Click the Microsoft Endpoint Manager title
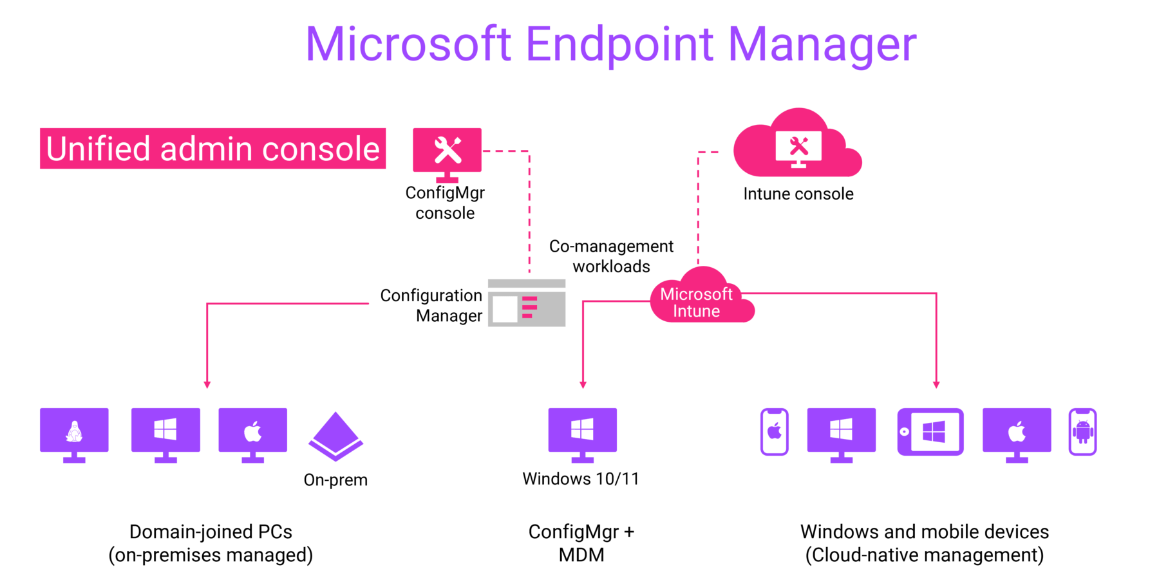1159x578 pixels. click(x=610, y=45)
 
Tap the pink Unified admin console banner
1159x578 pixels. click(x=212, y=149)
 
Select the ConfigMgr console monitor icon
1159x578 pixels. click(x=448, y=152)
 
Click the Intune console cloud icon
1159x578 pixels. click(x=798, y=147)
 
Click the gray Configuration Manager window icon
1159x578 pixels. click(x=527, y=303)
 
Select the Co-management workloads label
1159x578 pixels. click(x=611, y=256)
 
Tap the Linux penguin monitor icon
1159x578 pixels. click(x=74, y=433)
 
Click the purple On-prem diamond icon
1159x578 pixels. click(x=335, y=437)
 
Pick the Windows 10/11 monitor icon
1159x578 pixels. click(x=583, y=433)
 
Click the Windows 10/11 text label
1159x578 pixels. click(x=580, y=479)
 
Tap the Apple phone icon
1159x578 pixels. click(x=775, y=432)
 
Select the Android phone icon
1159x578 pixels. click(x=1082, y=432)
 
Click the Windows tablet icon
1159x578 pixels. click(x=930, y=432)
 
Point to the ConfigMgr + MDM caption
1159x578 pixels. click(x=581, y=543)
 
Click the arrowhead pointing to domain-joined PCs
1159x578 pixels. click(x=207, y=384)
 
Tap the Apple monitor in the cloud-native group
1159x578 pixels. click(x=1017, y=433)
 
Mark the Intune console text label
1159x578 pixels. click(x=798, y=194)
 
